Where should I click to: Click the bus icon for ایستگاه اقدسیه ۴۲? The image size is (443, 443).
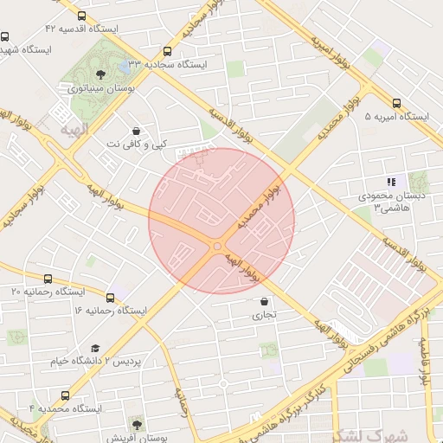81,16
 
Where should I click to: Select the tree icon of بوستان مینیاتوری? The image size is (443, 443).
101,74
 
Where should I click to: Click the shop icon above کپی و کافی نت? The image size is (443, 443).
135,129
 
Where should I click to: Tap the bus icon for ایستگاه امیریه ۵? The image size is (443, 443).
396,102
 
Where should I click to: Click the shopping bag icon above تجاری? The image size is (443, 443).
264,301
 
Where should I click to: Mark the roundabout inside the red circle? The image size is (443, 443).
215,247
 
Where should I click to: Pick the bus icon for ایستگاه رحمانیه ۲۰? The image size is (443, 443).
48,279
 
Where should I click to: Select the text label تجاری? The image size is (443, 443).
264,315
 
